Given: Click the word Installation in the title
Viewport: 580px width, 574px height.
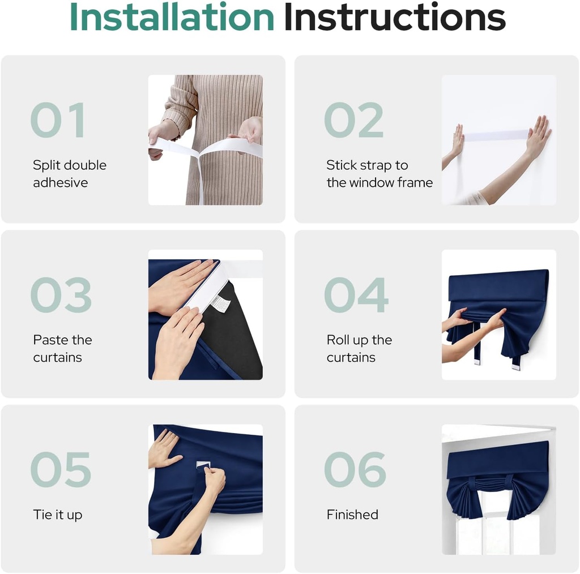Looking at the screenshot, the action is [x=172, y=17].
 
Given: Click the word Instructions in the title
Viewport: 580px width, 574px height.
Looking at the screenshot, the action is [x=395, y=17].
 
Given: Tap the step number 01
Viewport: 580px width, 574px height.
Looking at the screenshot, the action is [x=58, y=120].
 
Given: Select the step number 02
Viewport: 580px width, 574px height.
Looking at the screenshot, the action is [x=353, y=120].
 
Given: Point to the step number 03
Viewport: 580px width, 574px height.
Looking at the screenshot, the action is [x=61, y=294].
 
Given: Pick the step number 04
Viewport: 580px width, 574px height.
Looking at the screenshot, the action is [x=356, y=294].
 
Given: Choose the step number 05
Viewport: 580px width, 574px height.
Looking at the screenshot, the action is [x=61, y=469].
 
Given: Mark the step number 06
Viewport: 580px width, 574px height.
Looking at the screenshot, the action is [x=355, y=469].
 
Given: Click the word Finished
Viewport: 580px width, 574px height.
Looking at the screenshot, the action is [x=352, y=515].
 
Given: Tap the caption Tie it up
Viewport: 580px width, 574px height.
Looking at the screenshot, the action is [x=58, y=515].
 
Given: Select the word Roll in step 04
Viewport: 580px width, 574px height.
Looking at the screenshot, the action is [x=338, y=340].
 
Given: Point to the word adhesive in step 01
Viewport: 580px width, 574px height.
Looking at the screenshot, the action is [x=60, y=183].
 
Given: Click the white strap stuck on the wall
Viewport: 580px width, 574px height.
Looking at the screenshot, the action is [x=496, y=135].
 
